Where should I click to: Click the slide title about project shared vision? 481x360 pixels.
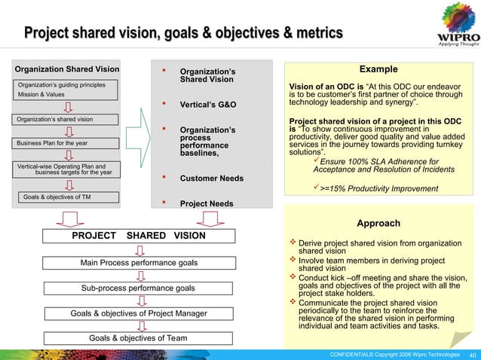coord(183,32)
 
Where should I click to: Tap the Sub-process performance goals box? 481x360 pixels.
coord(138,288)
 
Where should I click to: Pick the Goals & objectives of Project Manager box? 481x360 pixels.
coord(138,313)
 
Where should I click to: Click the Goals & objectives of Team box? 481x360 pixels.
coord(138,338)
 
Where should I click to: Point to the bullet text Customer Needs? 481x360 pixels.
coord(210,178)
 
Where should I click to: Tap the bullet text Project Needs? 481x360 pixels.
coord(206,203)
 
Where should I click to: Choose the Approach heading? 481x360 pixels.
coord(378,223)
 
